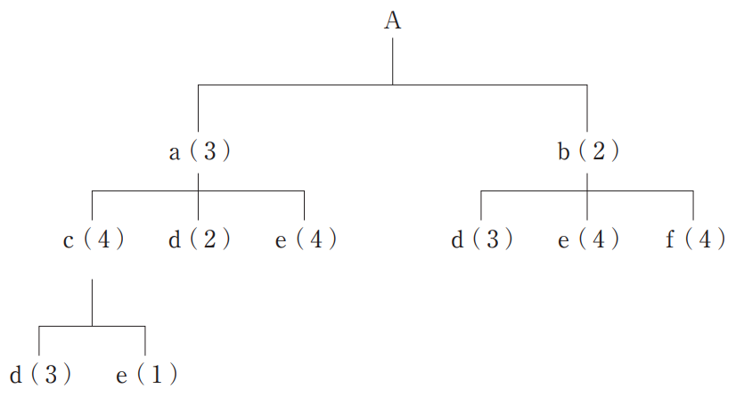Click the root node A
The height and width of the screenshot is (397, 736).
coord(392,21)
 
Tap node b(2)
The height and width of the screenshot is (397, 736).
coord(587,152)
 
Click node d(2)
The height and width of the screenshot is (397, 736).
coord(199,239)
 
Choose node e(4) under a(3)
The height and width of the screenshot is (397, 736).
coord(306,239)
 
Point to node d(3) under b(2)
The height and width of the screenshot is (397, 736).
coord(481,239)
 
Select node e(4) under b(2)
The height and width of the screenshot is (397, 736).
coord(587,239)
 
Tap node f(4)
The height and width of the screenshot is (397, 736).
coord(694,239)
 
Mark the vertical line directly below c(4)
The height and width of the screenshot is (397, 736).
coord(93,303)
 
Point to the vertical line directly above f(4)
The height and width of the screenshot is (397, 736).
coord(693,206)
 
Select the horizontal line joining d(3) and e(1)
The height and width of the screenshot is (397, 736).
coord(93,327)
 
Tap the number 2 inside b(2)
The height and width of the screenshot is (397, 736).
coord(598,152)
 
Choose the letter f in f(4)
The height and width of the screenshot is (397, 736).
coord(669,239)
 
